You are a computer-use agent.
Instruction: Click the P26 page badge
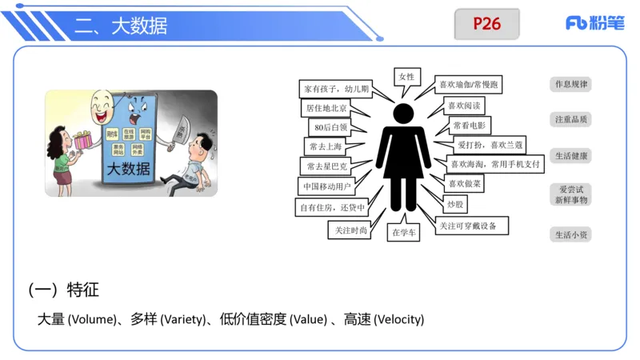click(486, 24)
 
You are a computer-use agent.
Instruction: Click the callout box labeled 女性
click(406, 77)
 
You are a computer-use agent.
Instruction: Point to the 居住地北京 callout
click(326, 107)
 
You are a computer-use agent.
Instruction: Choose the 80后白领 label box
click(330, 126)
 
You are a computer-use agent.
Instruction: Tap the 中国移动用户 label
click(327, 186)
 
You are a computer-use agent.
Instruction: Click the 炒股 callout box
click(454, 205)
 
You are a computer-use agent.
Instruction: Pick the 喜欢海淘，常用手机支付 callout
click(495, 164)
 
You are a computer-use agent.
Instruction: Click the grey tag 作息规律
click(571, 84)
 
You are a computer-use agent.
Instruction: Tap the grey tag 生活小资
click(571, 234)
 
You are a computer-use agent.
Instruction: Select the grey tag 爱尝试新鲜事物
click(571, 194)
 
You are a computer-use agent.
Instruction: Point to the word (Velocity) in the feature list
click(398, 319)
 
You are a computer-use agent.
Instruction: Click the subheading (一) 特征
click(63, 289)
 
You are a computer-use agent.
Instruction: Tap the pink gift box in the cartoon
click(80, 141)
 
